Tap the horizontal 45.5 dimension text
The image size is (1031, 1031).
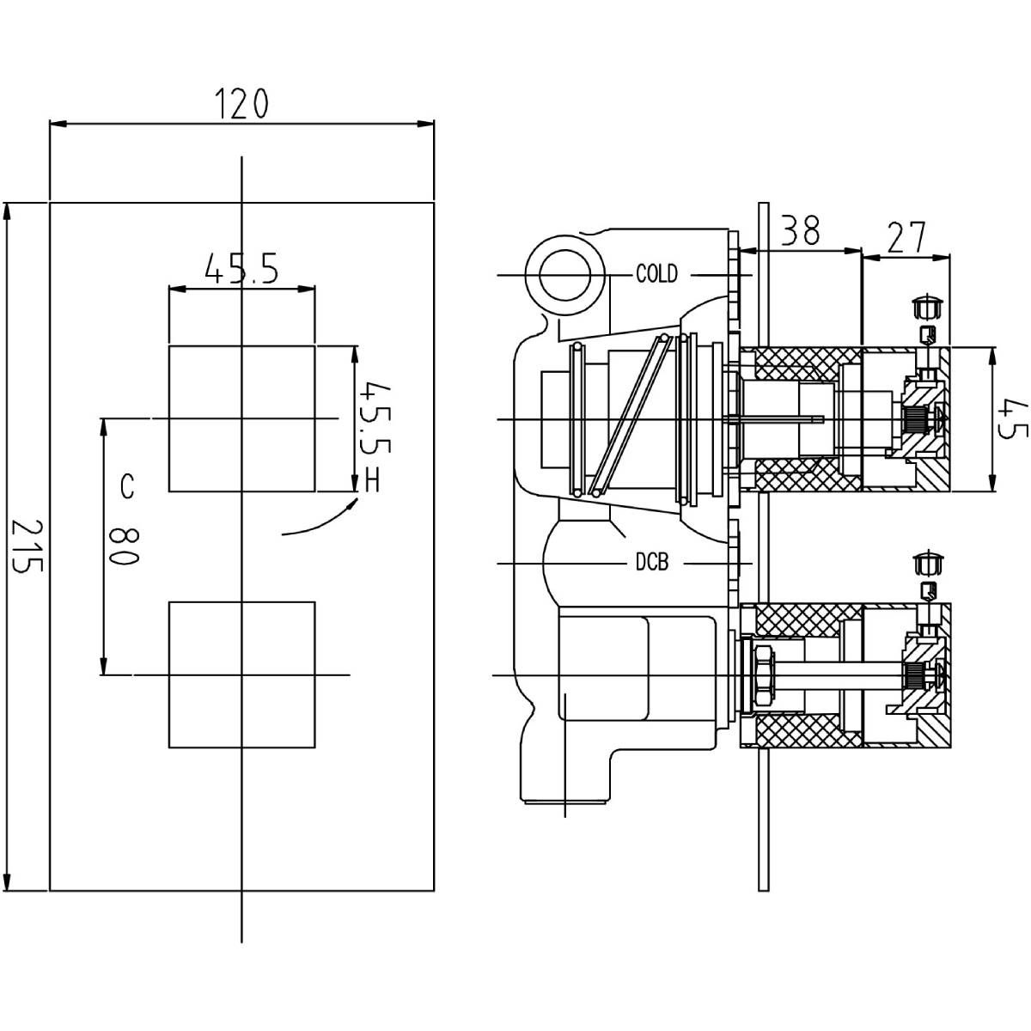tap(241, 270)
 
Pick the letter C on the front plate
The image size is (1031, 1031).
tap(127, 487)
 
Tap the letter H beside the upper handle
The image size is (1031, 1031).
tap(372, 481)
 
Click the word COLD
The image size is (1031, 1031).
tap(656, 275)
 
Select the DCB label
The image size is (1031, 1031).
tap(652, 564)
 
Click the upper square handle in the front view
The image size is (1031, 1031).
tap(241, 418)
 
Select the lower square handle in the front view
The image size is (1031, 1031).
tap(241, 674)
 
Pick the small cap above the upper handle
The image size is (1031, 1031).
tap(927, 306)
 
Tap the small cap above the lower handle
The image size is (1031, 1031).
tap(927, 564)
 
